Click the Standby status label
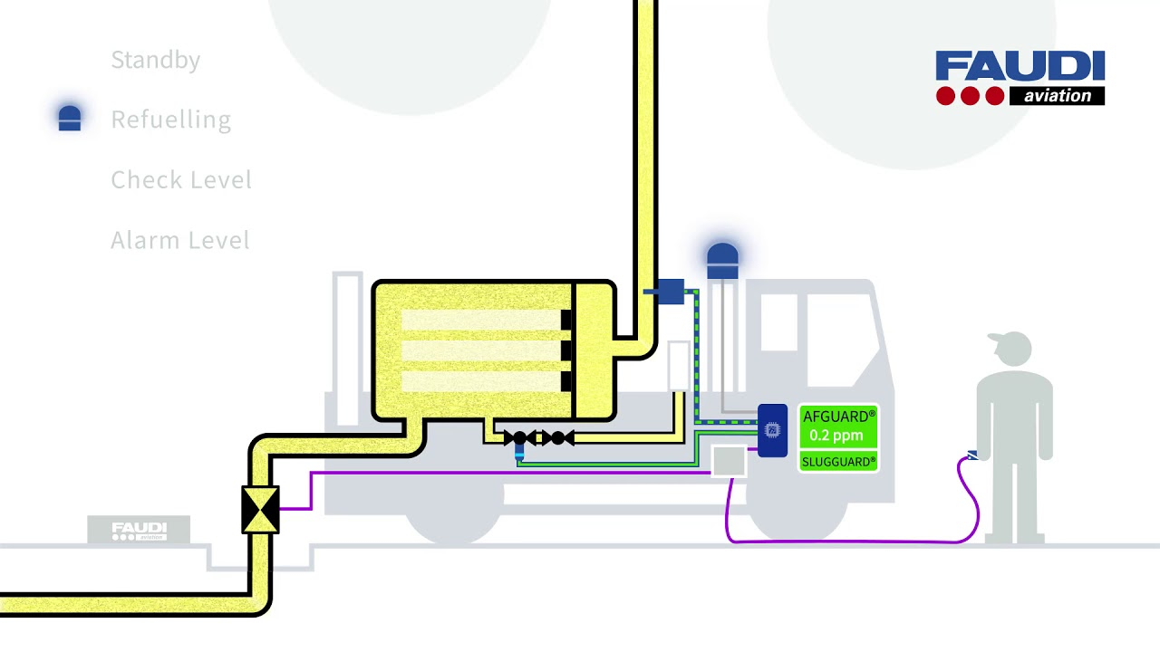tap(155, 60)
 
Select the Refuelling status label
tap(170, 120)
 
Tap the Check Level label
tap(180, 180)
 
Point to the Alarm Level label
tap(179, 240)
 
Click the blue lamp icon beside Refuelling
tap(70, 119)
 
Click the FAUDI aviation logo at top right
tap(1020, 78)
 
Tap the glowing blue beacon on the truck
tap(722, 260)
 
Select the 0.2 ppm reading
tap(836, 436)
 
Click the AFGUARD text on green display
tap(838, 417)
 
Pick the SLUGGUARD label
tap(838, 462)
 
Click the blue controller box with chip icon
tap(772, 430)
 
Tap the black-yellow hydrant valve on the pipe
tap(260, 509)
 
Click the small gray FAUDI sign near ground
tap(139, 530)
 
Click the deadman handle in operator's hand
tap(971, 455)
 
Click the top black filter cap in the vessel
tap(566, 320)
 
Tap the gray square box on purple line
tap(729, 461)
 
